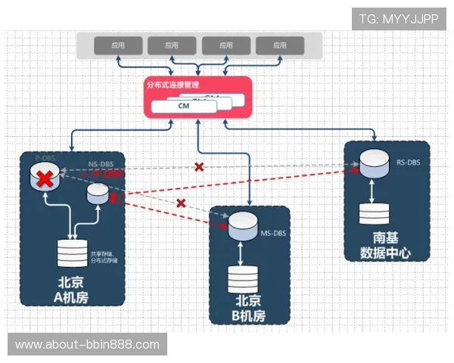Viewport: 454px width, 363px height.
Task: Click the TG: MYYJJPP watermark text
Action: pyautogui.click(x=398, y=19)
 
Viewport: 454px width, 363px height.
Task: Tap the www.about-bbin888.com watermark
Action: pyautogui.click(x=87, y=345)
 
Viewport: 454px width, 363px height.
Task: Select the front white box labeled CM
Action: pyautogui.click(x=183, y=107)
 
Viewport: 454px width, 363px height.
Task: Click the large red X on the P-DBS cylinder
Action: pyautogui.click(x=45, y=179)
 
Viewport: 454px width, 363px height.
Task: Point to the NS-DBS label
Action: pyautogui.click(x=100, y=164)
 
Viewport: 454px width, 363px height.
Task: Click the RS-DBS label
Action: pyautogui.click(x=409, y=162)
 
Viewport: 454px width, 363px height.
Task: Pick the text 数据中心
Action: pyautogui.click(x=385, y=253)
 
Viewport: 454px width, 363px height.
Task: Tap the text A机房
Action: pyautogui.click(x=72, y=297)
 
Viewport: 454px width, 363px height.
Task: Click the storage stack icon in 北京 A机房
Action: pyautogui.click(x=72, y=253)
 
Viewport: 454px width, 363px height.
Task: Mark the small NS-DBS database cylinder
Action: pyautogui.click(x=98, y=192)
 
